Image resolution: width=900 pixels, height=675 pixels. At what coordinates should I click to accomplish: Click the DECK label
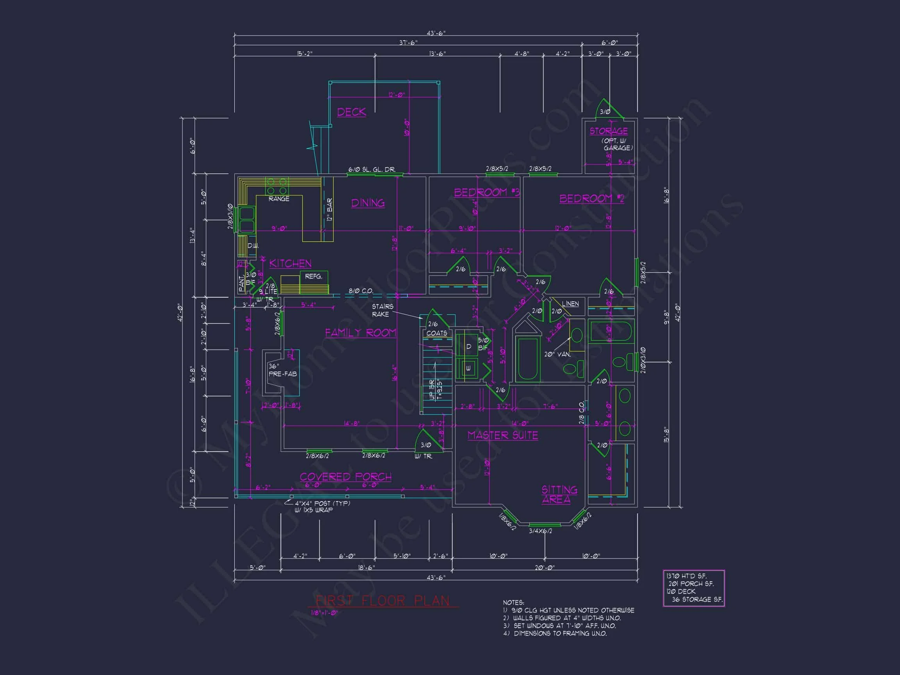(351, 112)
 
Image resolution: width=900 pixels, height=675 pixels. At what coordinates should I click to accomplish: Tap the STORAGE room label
(608, 131)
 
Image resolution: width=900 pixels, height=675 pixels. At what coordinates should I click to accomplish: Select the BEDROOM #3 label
(487, 192)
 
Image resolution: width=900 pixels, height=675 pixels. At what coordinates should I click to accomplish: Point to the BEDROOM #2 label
(591, 198)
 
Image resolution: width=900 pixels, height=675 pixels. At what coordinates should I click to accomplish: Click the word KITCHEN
(290, 264)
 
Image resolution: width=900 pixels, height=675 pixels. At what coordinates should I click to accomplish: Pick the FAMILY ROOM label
(360, 333)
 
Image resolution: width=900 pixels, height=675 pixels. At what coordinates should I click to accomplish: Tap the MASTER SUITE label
(502, 436)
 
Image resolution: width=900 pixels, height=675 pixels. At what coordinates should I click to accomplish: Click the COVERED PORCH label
(345, 477)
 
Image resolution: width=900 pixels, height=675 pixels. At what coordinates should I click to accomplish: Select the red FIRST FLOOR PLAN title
(382, 600)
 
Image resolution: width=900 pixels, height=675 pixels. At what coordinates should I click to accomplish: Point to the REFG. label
(313, 276)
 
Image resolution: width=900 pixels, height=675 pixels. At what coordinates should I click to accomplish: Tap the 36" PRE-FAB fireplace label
(282, 370)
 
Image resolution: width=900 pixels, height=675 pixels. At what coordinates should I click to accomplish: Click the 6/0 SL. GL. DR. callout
(371, 169)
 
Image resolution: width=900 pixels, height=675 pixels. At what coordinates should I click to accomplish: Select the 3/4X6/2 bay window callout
(540, 531)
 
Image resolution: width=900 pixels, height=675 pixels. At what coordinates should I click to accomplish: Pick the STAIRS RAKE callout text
(382, 310)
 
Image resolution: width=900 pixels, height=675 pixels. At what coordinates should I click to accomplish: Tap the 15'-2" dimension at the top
(304, 54)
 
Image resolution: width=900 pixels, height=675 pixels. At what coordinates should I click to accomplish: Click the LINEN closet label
(570, 304)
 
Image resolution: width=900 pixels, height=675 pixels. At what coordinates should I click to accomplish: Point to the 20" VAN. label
(557, 354)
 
